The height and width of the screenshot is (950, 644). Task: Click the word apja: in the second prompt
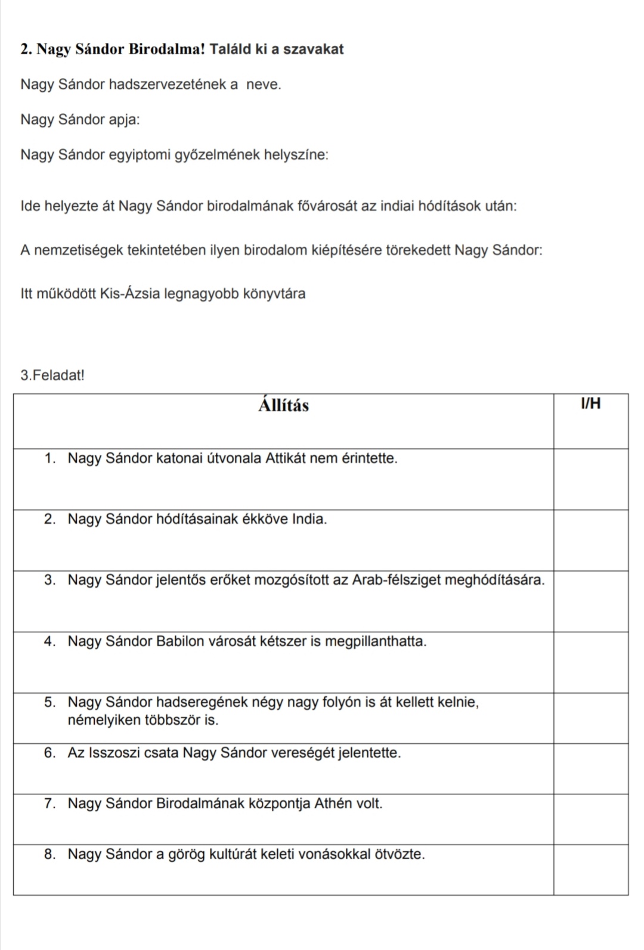tap(124, 120)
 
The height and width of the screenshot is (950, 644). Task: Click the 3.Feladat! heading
tap(52, 375)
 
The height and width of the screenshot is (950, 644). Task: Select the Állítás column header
tap(284, 406)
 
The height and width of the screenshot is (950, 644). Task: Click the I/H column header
tap(590, 404)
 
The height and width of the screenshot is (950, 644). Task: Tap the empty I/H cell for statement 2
tap(590, 540)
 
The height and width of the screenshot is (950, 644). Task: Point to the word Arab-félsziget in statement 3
tap(392, 580)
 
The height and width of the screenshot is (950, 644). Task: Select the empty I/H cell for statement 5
tap(590, 718)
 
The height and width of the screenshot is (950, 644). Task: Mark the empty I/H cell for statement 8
tap(590, 869)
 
